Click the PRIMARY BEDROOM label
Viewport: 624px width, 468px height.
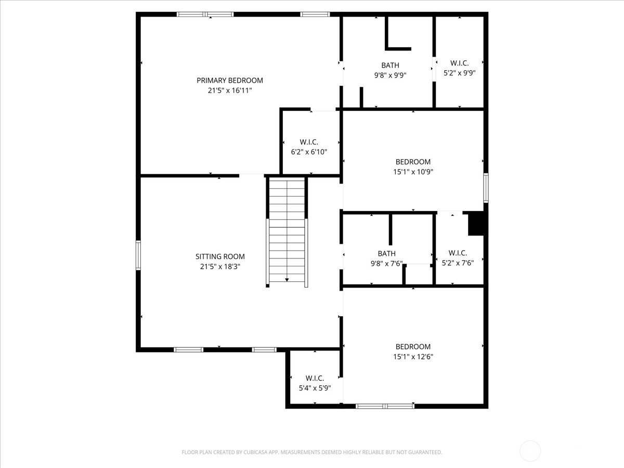click(229, 80)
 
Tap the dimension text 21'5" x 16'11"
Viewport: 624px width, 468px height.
click(229, 90)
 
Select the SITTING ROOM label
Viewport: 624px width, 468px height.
click(220, 256)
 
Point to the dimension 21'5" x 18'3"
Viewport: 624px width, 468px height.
click(220, 266)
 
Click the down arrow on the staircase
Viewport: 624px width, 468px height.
click(287, 280)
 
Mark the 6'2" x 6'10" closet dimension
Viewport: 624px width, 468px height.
click(309, 152)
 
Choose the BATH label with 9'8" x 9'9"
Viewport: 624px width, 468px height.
click(390, 65)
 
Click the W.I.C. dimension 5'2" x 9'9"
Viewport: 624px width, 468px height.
click(459, 73)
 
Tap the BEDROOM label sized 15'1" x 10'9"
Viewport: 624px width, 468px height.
click(413, 162)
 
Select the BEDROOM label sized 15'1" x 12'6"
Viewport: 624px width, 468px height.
click(413, 347)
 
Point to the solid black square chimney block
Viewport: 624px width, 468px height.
click(476, 224)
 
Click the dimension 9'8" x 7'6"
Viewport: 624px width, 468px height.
click(386, 263)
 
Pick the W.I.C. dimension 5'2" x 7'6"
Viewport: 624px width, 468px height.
click(458, 263)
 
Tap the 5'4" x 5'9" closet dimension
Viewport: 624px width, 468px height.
click(315, 388)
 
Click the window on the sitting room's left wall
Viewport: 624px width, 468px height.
click(138, 255)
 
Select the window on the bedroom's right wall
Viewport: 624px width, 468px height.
click(486, 188)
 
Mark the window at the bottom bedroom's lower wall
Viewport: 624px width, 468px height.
click(385, 406)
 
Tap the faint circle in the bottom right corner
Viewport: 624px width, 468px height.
click(530, 450)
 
